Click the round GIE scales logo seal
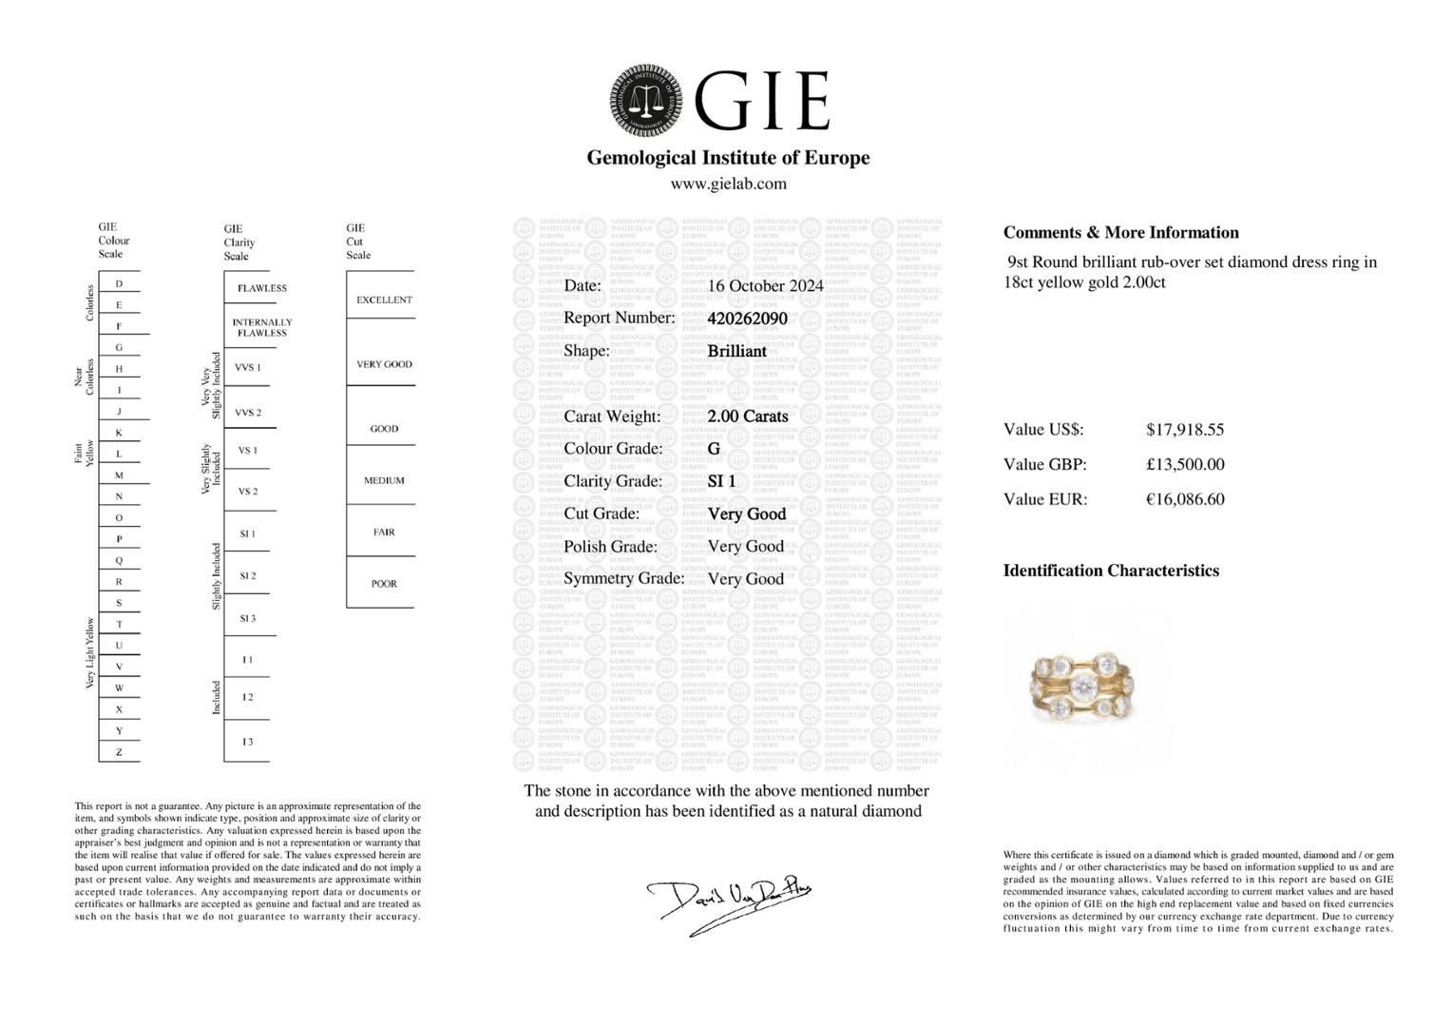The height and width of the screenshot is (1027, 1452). coord(646,101)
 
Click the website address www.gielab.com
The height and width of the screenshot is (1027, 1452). coord(728,184)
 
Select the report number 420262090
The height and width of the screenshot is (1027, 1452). coord(747,319)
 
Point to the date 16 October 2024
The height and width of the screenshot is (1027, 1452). coord(765,286)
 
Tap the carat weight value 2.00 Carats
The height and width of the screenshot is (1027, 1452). coord(748,417)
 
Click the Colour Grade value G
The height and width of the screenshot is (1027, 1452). coord(714,449)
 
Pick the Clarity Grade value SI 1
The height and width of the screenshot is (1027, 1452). coord(721,481)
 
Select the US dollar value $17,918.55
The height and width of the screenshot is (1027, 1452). coord(1184,430)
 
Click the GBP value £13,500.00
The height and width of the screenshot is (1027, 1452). coord(1184,465)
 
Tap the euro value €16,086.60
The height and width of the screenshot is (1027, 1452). coord(1184,499)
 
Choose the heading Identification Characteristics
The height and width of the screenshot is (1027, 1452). coord(1110,571)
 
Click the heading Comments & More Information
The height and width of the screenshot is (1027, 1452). coord(1120,233)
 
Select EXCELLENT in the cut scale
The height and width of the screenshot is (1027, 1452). coord(384,300)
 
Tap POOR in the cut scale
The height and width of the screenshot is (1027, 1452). coord(384,584)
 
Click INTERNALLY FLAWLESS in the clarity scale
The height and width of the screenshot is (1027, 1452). coord(261,328)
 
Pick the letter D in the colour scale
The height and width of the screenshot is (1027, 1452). coord(120,283)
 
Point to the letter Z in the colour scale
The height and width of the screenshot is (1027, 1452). coord(120,752)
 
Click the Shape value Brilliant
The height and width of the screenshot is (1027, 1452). coord(736,351)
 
